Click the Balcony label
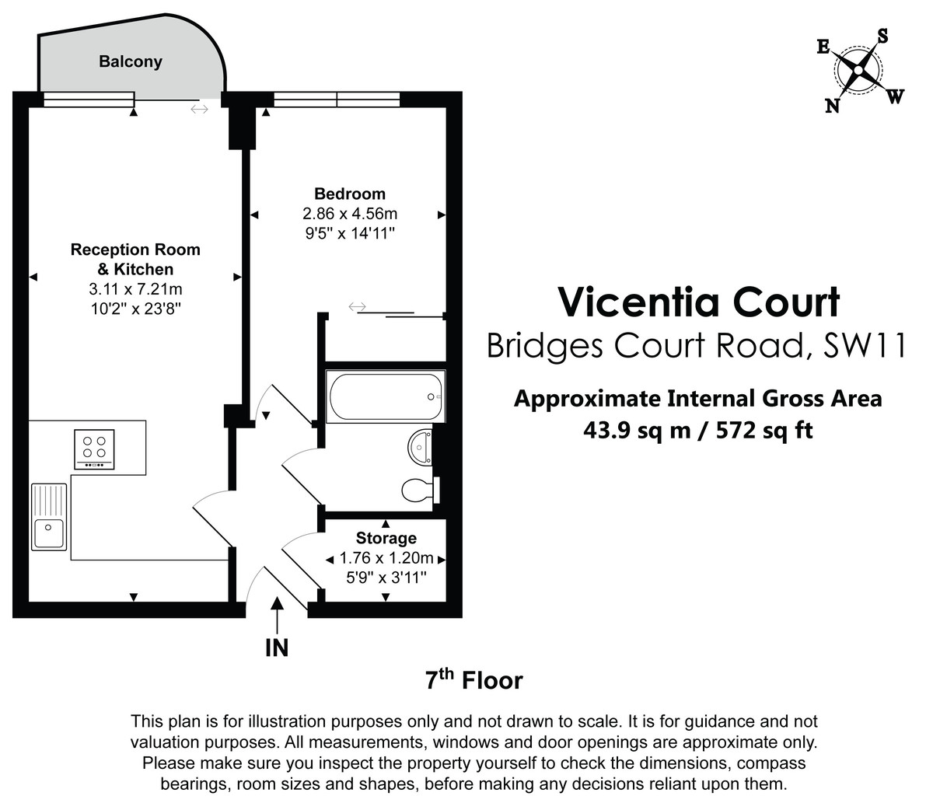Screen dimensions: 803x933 pos(130,62)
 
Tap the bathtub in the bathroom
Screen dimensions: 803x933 pos(384,396)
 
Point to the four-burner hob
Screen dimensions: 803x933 pos(94,449)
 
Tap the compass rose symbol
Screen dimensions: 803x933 pos(858,72)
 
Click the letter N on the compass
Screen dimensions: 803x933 pos(832,106)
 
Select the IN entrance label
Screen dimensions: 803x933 pos(277,648)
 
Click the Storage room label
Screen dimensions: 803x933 pos(386,538)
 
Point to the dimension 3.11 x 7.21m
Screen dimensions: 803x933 pos(135,289)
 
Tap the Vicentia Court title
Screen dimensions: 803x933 pos(699,302)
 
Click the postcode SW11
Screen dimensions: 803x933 pos(865,346)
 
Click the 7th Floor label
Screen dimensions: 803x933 pos(473,680)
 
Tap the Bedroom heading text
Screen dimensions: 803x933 pos(349,194)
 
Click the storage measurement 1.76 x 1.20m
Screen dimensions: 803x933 pos(386,558)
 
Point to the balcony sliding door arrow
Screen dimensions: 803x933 pos(200,110)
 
